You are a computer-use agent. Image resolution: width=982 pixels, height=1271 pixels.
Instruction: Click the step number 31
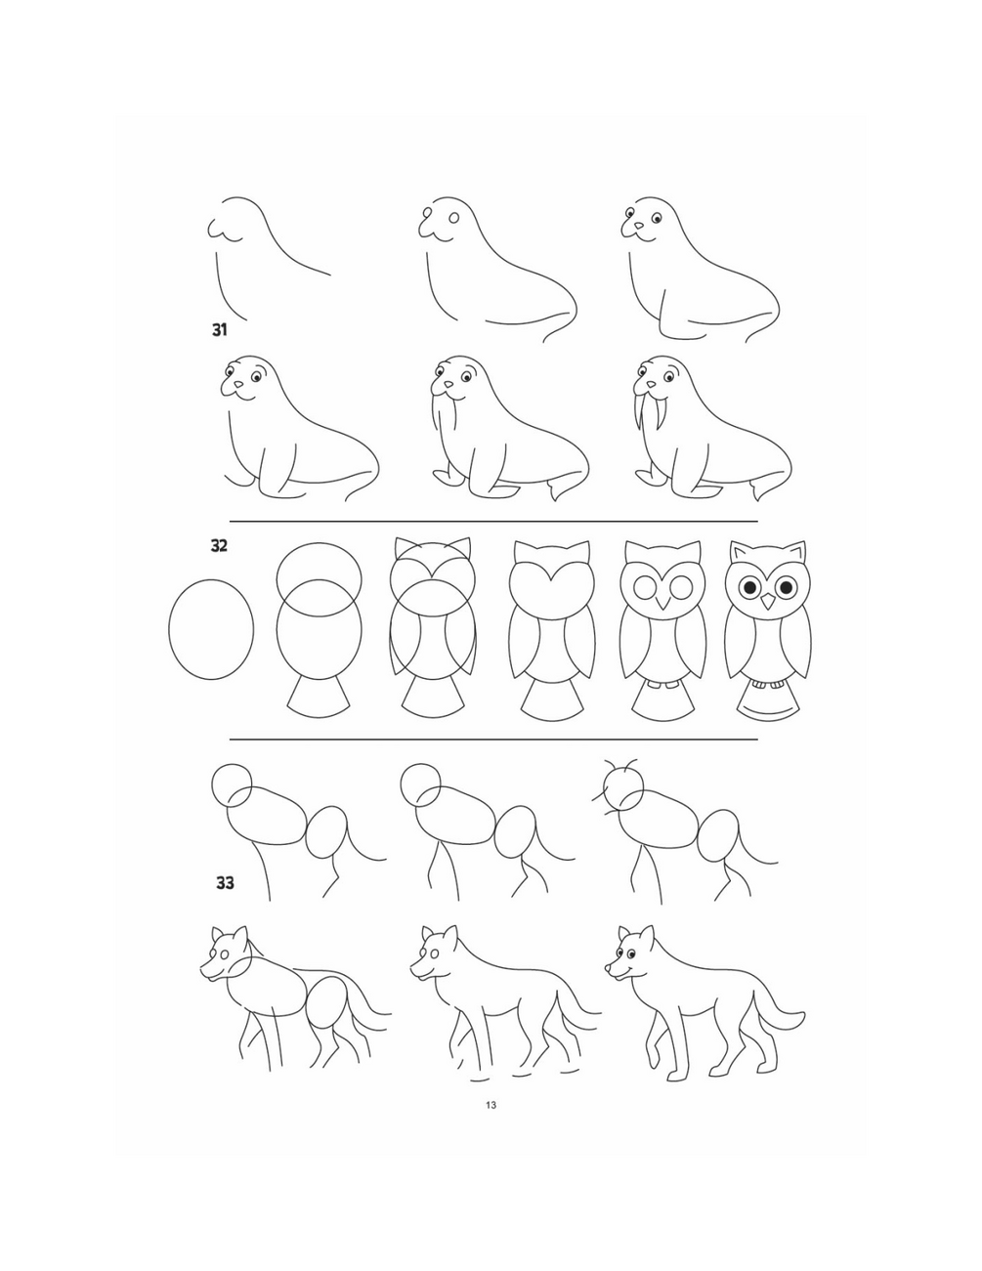(x=219, y=330)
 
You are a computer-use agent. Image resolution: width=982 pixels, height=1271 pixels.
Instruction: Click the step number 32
(x=219, y=546)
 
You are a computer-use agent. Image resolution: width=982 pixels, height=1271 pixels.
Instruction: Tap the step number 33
(x=225, y=882)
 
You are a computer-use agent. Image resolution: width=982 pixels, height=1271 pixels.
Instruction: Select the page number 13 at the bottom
(x=491, y=1105)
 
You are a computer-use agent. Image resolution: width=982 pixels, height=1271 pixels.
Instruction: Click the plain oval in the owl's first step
(x=169, y=629)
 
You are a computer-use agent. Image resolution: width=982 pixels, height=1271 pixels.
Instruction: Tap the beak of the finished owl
(x=768, y=602)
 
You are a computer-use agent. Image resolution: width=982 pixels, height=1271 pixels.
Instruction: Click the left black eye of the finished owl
(x=749, y=587)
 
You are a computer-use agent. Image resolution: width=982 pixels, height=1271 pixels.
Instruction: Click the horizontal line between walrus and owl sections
(x=493, y=521)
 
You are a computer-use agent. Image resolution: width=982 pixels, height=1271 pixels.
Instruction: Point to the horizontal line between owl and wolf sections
(x=493, y=740)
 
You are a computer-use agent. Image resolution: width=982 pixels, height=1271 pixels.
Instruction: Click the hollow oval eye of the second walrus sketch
(x=453, y=219)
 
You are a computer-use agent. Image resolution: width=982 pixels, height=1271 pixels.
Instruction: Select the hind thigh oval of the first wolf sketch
(x=326, y=831)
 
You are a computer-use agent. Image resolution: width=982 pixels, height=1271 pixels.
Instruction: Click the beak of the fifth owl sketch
(x=663, y=603)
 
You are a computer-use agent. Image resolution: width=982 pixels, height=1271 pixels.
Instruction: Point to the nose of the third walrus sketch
(x=639, y=226)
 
